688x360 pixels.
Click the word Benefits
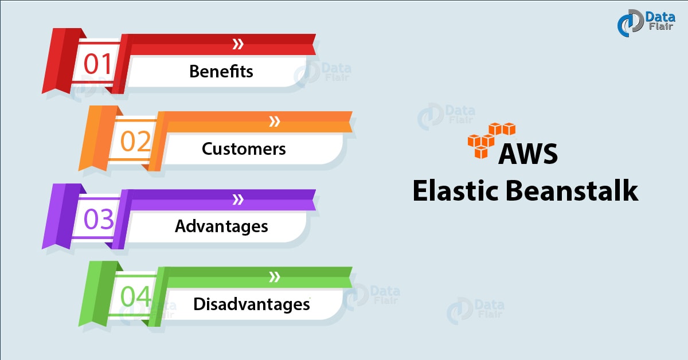click(x=221, y=72)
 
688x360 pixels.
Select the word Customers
click(x=244, y=148)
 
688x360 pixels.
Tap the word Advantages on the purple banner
click(x=221, y=226)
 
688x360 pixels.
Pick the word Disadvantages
click(x=251, y=303)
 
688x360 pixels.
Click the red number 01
click(x=99, y=64)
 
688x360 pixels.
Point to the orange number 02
click(x=135, y=142)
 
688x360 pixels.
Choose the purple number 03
click(x=99, y=220)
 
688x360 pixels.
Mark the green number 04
click(x=136, y=297)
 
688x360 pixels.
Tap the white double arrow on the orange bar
click(x=275, y=121)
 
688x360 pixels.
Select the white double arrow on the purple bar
click(x=237, y=199)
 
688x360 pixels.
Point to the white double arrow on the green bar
click(x=275, y=277)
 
